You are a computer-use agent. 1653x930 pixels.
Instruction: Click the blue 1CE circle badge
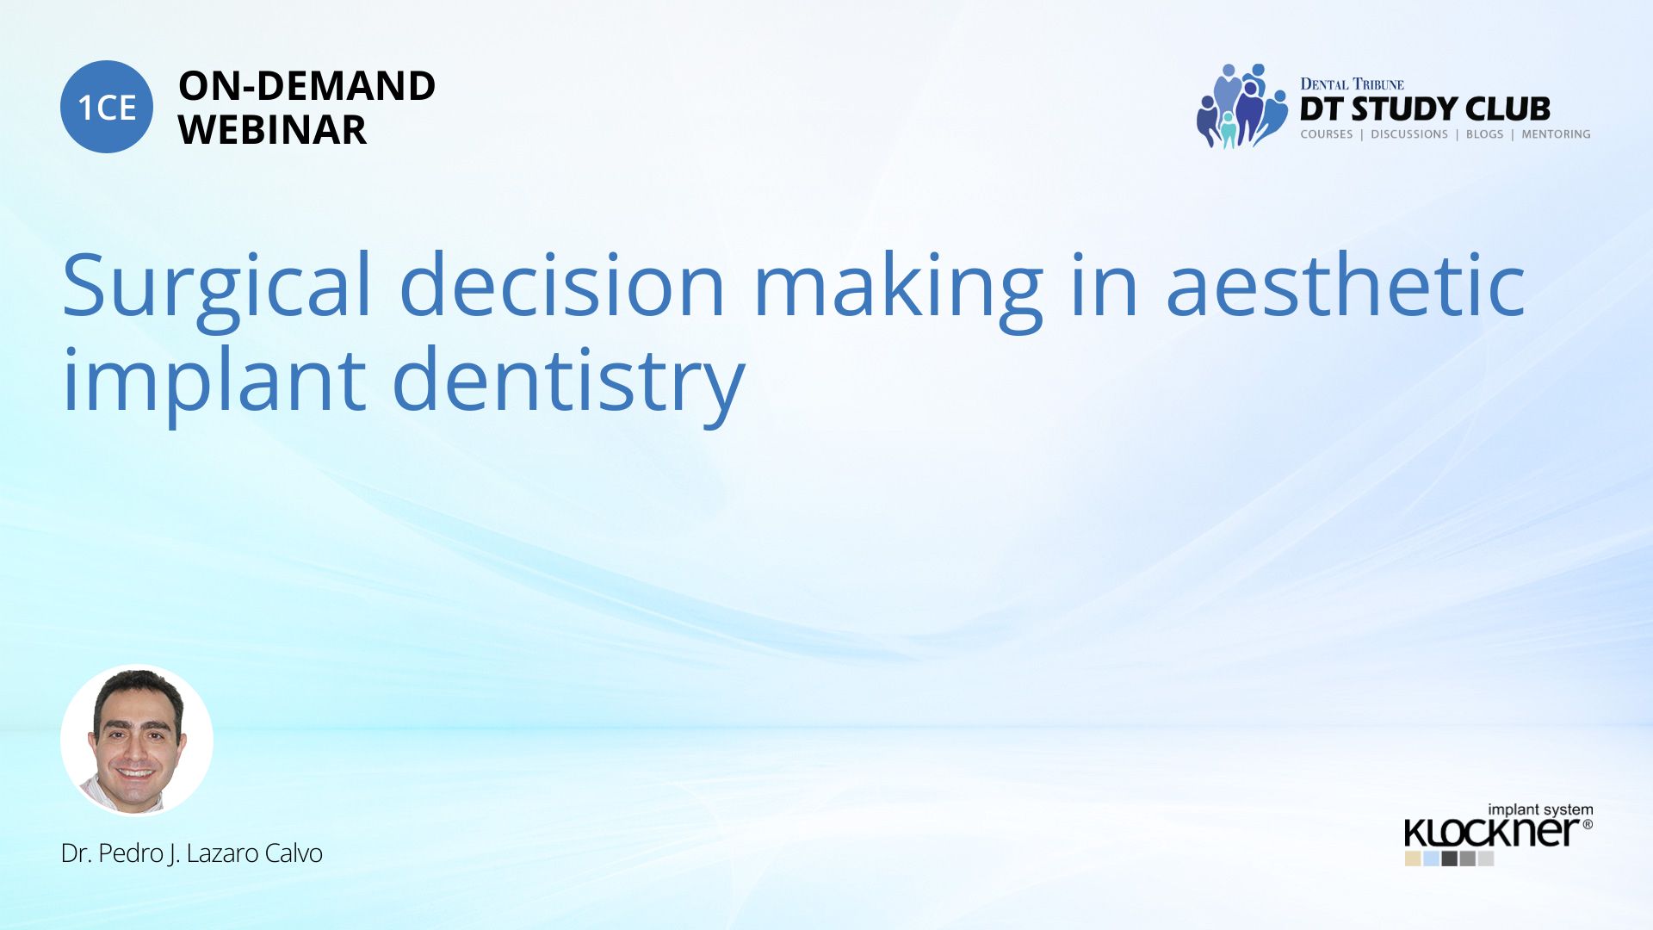(x=107, y=107)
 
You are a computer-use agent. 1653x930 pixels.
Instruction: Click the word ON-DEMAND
(x=306, y=85)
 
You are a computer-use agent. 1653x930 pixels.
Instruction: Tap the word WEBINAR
(x=272, y=129)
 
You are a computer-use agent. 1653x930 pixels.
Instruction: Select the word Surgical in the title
(x=216, y=288)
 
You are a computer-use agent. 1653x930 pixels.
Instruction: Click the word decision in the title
(x=563, y=283)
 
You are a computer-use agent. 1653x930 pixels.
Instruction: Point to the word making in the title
(x=898, y=288)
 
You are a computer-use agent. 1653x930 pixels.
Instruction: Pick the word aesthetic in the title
(x=1346, y=283)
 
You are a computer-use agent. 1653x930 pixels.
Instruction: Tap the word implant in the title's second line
(x=214, y=382)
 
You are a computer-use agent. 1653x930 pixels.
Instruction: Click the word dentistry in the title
(x=568, y=382)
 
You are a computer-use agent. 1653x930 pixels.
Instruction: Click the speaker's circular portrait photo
(x=137, y=741)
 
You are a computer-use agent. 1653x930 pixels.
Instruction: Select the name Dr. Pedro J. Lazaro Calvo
(x=192, y=853)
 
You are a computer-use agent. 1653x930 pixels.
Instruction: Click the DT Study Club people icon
(x=1241, y=106)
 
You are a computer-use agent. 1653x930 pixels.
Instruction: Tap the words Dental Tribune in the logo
(x=1352, y=84)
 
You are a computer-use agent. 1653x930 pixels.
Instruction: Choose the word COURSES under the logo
(x=1327, y=134)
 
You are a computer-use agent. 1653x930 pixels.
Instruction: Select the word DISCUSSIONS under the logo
(x=1409, y=134)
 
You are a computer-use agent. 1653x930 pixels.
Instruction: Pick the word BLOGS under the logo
(x=1484, y=134)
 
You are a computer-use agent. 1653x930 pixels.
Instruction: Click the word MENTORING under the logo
(x=1556, y=134)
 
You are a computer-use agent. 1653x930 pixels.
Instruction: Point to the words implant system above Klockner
(x=1540, y=809)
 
